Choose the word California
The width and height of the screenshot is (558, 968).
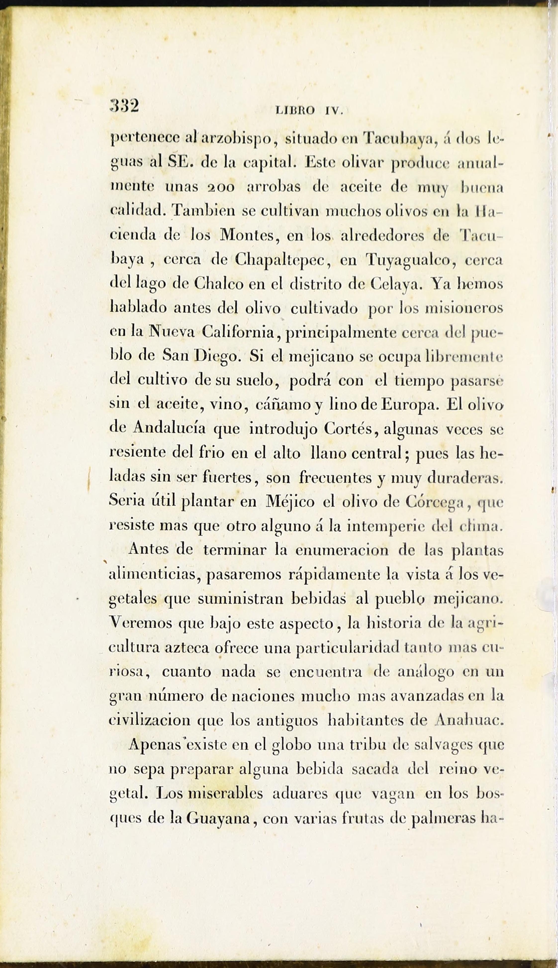pyautogui.click(x=238, y=332)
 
